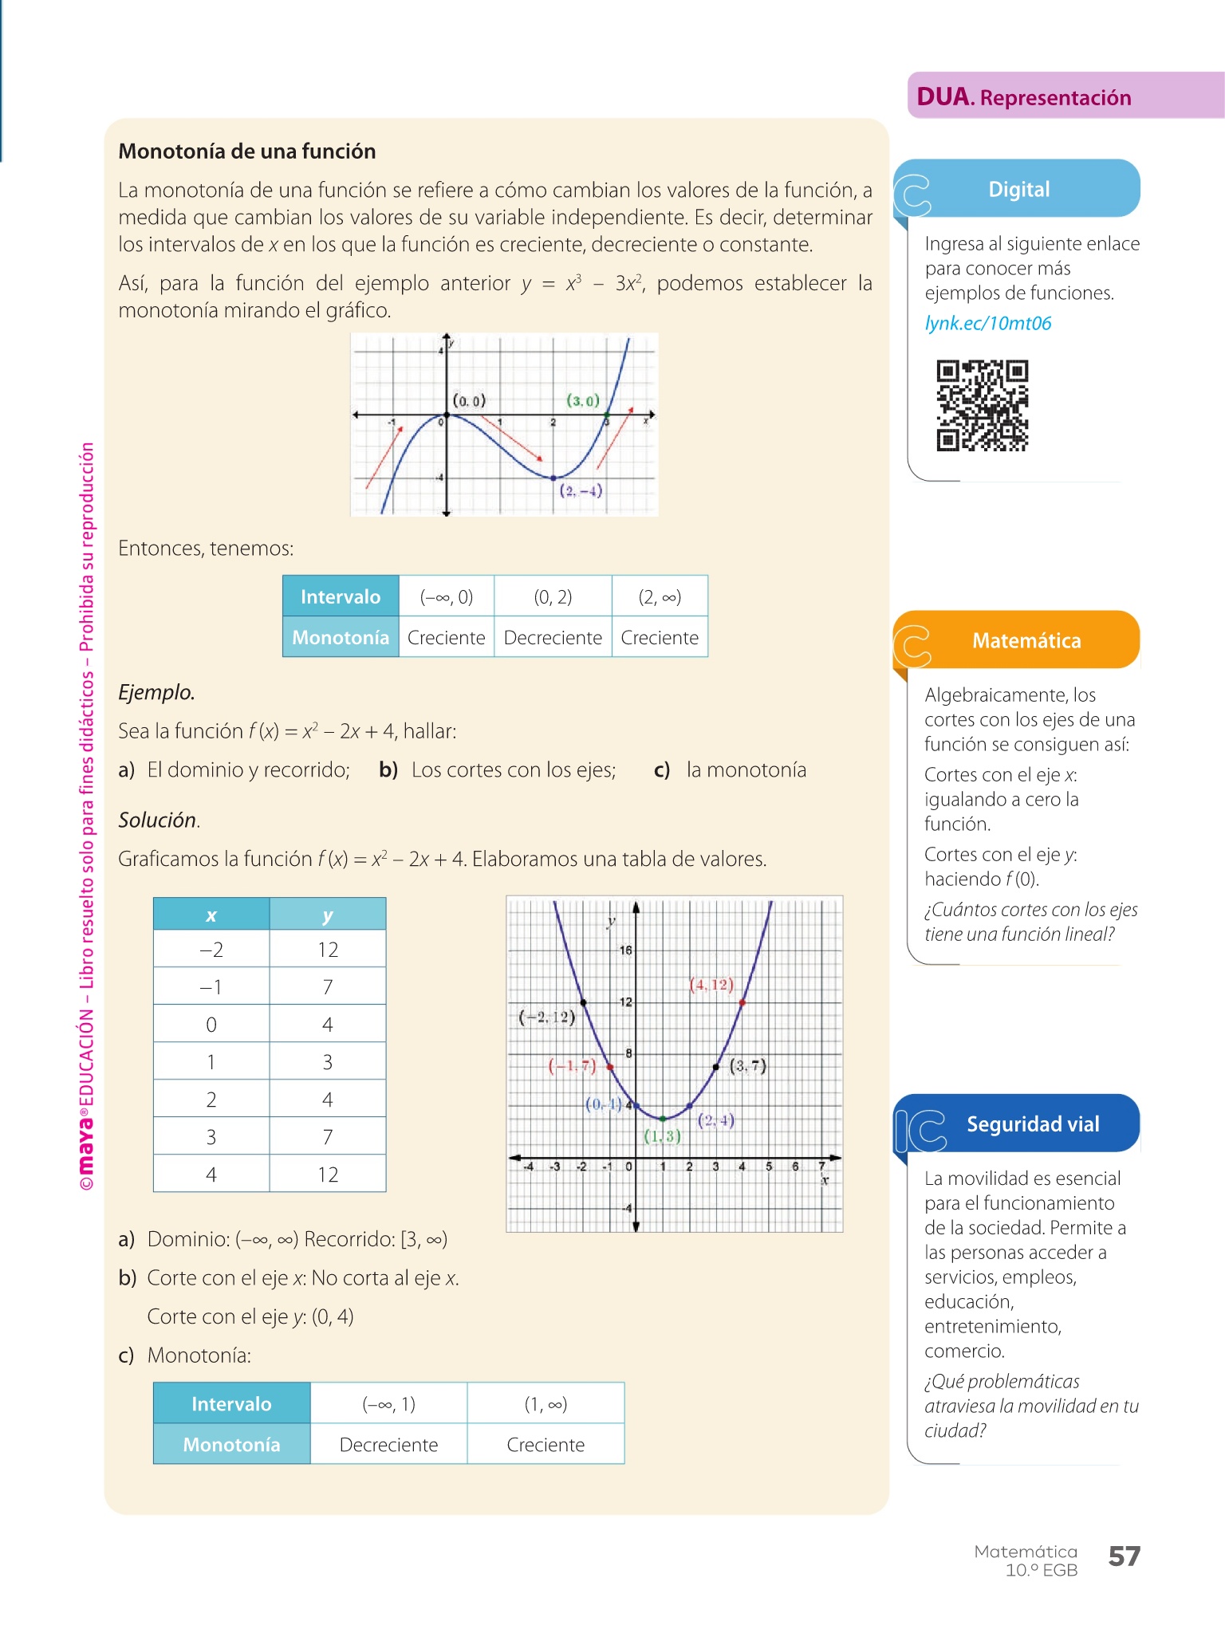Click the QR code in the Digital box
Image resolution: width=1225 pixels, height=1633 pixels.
tap(982, 406)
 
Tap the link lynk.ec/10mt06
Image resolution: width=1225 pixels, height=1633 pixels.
tap(987, 323)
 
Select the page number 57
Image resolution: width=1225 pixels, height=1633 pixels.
tap(1124, 1556)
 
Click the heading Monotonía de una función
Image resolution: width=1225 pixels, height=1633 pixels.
tap(247, 151)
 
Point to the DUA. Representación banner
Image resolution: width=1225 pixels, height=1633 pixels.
tap(1024, 97)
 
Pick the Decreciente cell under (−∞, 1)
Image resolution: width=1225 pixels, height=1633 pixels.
tap(388, 1444)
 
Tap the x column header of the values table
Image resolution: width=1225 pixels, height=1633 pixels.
tap(211, 915)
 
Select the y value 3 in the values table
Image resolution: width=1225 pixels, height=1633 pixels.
tap(328, 1062)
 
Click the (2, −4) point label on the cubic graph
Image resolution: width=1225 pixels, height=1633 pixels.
tap(581, 490)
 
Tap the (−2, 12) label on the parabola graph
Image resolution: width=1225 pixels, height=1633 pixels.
tap(546, 1017)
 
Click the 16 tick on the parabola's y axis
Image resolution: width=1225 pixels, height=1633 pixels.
tap(625, 950)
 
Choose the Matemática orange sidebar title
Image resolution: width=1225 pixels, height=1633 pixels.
tap(1026, 640)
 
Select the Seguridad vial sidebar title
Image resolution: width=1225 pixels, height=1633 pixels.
tap(1033, 1123)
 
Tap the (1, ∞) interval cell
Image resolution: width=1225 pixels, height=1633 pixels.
tap(546, 1403)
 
